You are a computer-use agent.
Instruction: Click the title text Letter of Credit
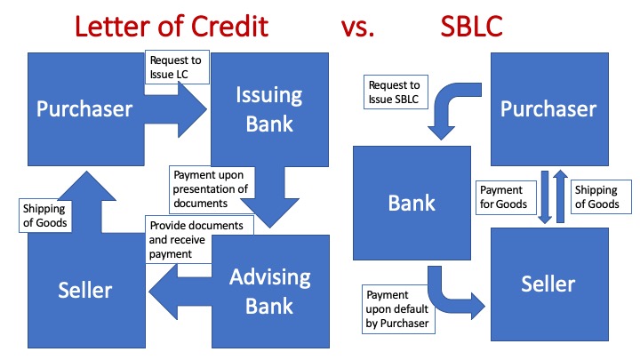[171, 26]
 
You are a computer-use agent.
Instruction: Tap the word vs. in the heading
[358, 27]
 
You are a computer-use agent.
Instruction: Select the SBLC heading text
[471, 26]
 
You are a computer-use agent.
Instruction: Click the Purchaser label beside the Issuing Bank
[84, 108]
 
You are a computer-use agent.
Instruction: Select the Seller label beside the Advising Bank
[84, 290]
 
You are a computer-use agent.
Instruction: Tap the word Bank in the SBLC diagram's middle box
[412, 203]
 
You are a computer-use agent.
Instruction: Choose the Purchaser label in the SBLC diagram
[548, 108]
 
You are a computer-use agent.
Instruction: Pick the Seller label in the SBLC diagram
[548, 284]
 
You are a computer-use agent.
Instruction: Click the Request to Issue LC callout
[176, 68]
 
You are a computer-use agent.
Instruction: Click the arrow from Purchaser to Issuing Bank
[178, 108]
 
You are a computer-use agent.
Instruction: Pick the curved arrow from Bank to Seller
[453, 298]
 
